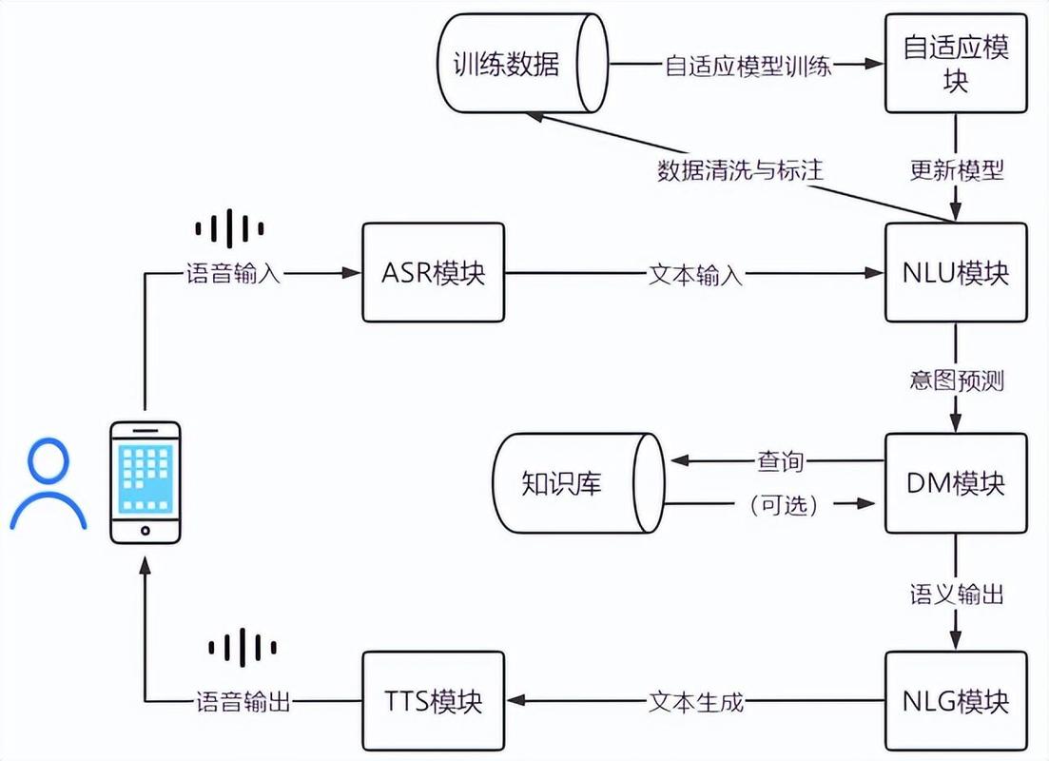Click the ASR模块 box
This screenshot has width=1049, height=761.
(433, 273)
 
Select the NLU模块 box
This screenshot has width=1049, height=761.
(956, 273)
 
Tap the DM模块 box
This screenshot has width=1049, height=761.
(956, 483)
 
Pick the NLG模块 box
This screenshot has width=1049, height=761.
(956, 702)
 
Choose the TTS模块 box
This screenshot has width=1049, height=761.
(433, 702)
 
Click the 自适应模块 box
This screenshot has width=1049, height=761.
(956, 64)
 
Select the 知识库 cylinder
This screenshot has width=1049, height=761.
(575, 483)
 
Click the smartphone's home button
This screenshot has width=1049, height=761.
(145, 530)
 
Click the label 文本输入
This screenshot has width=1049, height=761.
(695, 274)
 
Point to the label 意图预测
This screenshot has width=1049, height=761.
(956, 380)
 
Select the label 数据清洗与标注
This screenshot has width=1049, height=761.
(740, 170)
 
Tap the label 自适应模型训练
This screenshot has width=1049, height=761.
(748, 65)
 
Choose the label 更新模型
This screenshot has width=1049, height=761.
(956, 170)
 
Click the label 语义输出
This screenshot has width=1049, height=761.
(956, 595)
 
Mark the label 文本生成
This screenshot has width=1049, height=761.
(695, 703)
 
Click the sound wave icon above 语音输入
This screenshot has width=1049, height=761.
(229, 228)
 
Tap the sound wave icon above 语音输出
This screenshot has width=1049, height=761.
(243, 648)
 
